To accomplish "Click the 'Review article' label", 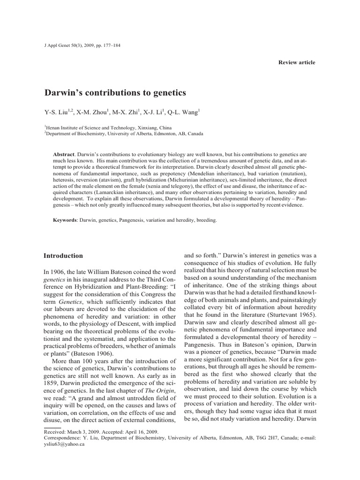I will [297, 62].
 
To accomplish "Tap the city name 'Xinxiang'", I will [147, 127].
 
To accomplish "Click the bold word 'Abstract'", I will [64, 154].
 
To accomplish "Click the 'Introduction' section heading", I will [63, 256].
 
